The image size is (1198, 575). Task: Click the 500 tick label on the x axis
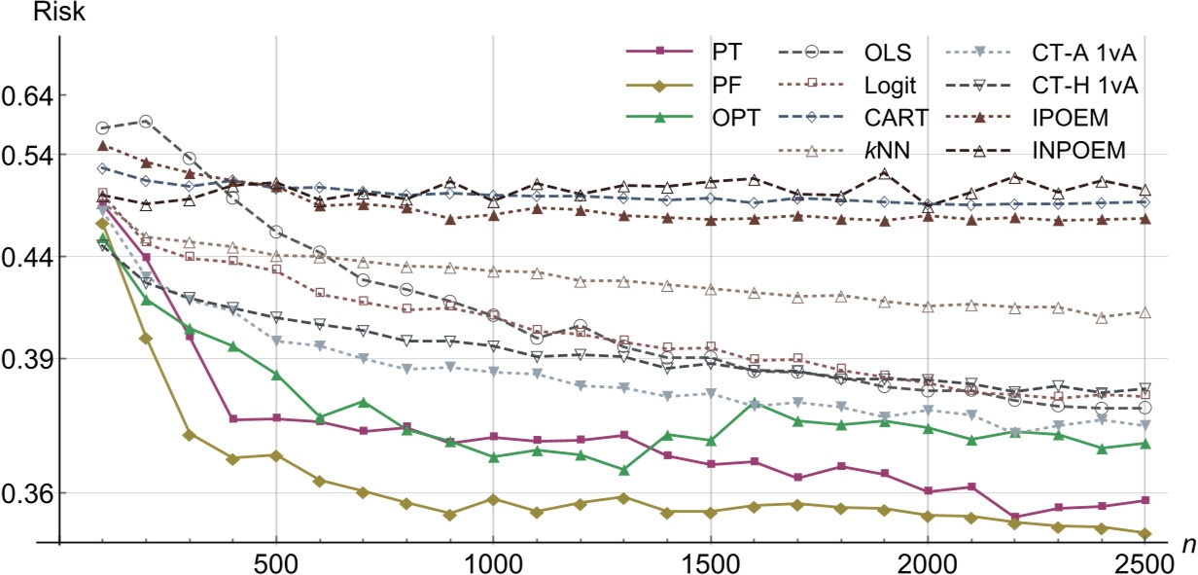click(x=276, y=561)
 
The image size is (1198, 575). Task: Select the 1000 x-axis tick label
click(x=493, y=561)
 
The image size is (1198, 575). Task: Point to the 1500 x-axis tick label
click(x=710, y=561)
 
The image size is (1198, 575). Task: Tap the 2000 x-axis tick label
click(x=927, y=561)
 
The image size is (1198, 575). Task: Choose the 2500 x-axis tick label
click(x=1144, y=561)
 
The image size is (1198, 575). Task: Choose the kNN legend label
click(x=894, y=151)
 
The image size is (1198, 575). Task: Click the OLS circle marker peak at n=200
click(x=146, y=122)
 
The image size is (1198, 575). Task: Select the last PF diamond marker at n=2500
click(x=1145, y=533)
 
